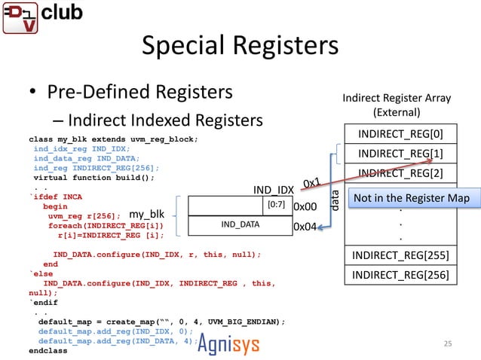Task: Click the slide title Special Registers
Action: [240, 46]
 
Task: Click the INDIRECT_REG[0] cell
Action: [400, 135]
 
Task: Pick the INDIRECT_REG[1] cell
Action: [400, 154]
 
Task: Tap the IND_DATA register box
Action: [240, 224]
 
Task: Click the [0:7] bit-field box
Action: [274, 205]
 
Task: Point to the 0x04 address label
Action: [304, 225]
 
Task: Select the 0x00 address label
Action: [304, 206]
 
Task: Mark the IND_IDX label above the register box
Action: [273, 189]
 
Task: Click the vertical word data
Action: [335, 198]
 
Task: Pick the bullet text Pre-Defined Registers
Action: [140, 93]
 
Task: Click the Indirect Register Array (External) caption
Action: [397, 105]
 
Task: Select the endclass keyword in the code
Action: [47, 350]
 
